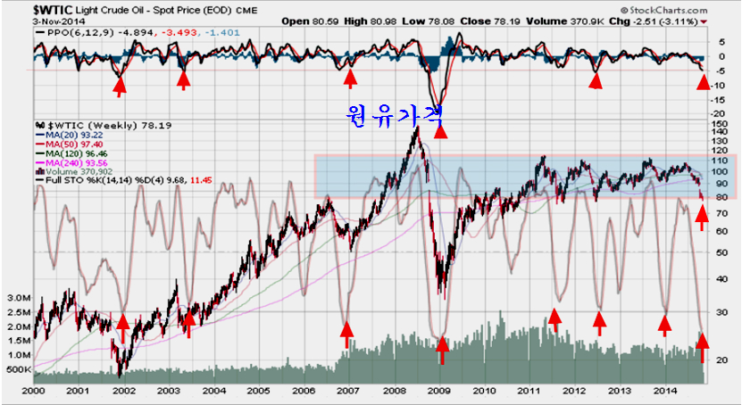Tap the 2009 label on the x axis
point(438,391)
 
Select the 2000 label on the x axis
point(33,391)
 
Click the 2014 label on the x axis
point(663,391)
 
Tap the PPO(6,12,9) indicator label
point(66,33)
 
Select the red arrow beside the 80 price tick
point(702,212)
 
